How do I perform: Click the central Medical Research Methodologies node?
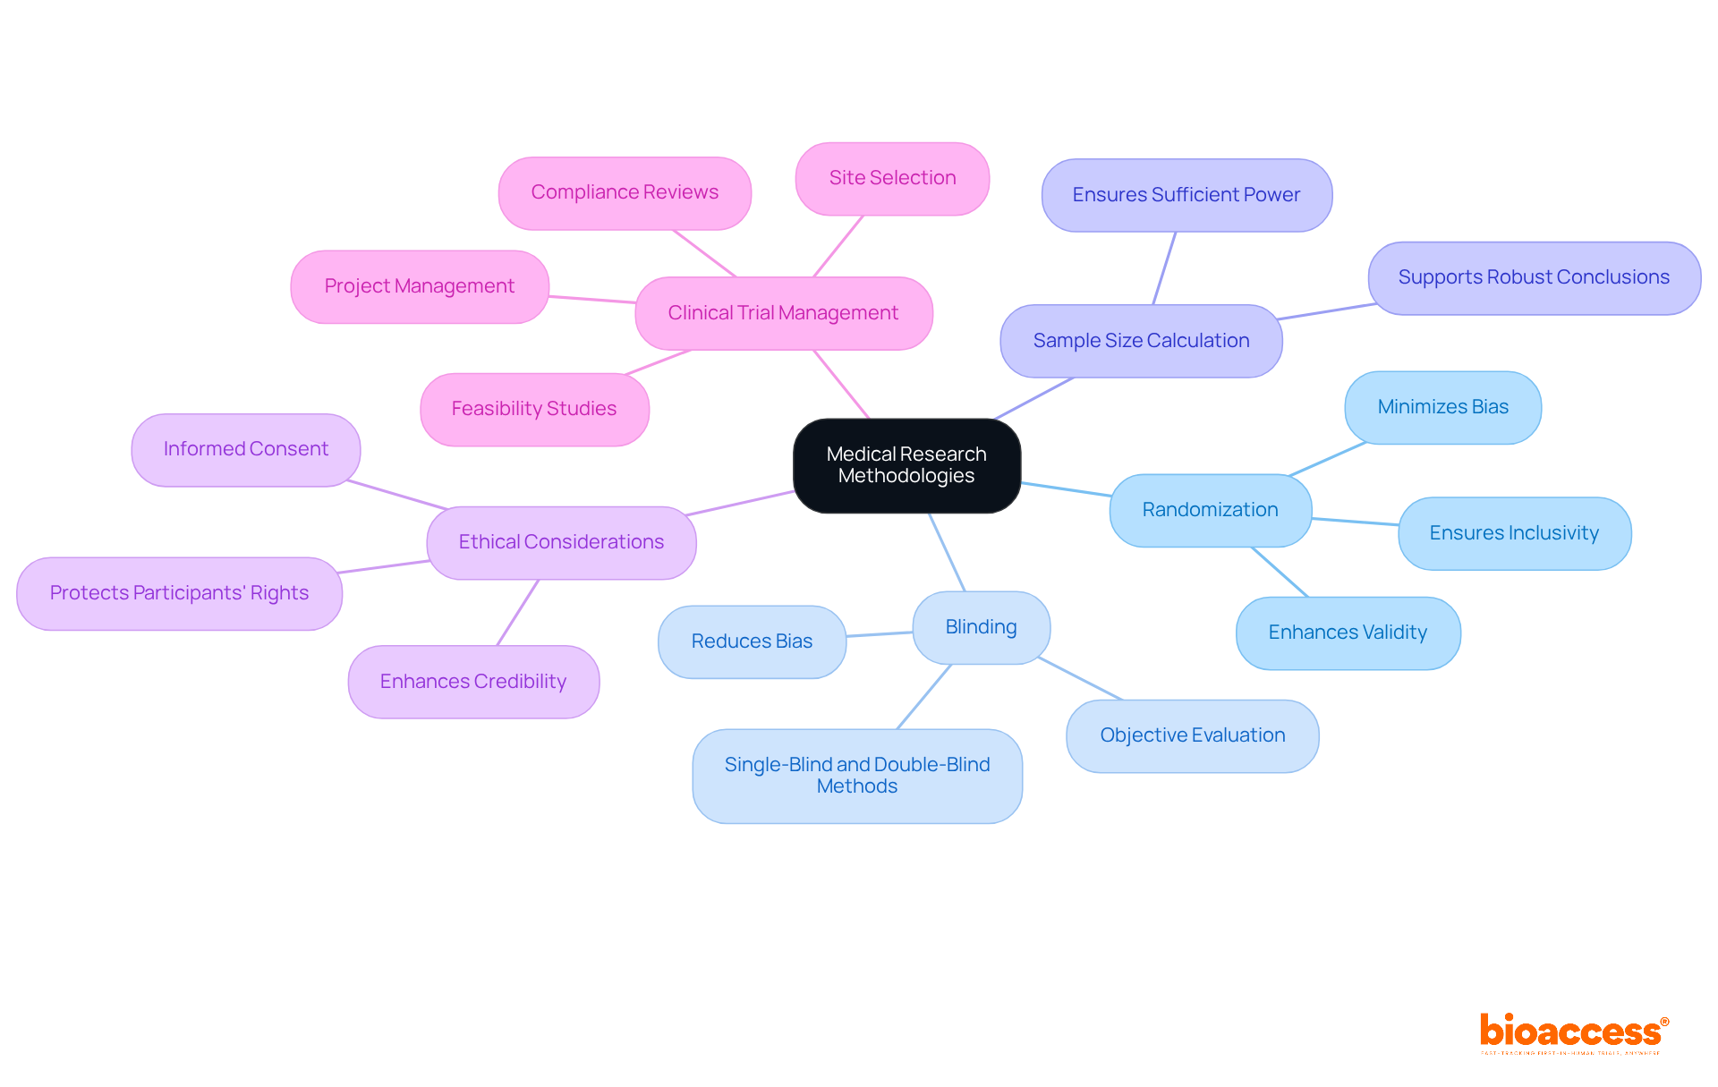pos(906,465)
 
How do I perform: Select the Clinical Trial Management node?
pos(783,313)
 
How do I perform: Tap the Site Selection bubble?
pos(892,178)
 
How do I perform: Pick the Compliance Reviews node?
pos(625,192)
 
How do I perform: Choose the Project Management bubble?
pos(419,286)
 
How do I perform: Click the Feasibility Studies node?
pos(534,409)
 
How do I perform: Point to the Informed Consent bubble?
pos(246,449)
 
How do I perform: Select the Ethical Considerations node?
pos(561,542)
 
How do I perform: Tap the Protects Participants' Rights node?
pos(179,593)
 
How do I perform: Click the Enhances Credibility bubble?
pos(473,682)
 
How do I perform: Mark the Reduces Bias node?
pos(752,641)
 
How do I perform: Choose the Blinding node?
pos(981,627)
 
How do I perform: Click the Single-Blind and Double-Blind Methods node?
pos(857,776)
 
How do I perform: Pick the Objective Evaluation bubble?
pos(1192,735)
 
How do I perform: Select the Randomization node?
pos(1210,510)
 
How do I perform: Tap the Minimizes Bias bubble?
pos(1442,407)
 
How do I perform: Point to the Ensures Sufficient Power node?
pos(1186,195)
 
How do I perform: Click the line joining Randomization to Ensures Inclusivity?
pos(1355,522)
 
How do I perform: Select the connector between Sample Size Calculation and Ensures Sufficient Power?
pos(1164,268)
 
